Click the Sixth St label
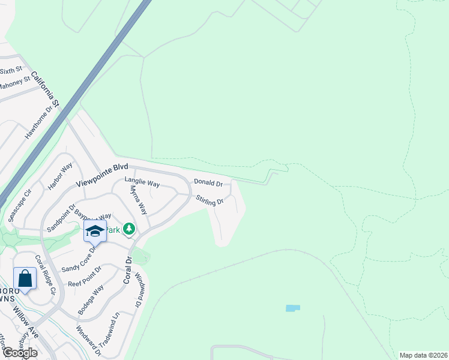pyautogui.click(x=11, y=71)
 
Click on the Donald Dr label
pyautogui.click(x=208, y=182)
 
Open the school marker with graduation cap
pyautogui.click(x=95, y=230)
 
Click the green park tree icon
pyautogui.click(x=128, y=229)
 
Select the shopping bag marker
pyautogui.click(x=25, y=278)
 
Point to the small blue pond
pyautogui.click(x=292, y=308)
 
